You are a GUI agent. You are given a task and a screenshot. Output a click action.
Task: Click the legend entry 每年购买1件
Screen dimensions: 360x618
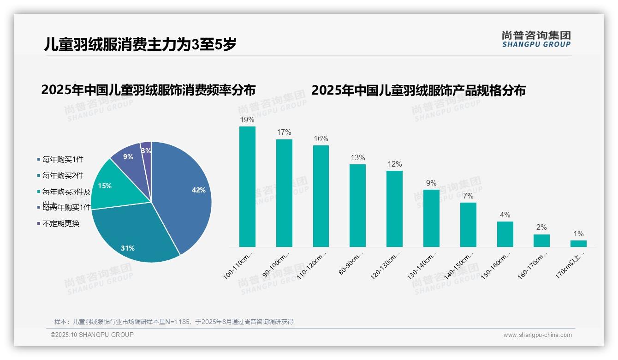[x=63, y=159]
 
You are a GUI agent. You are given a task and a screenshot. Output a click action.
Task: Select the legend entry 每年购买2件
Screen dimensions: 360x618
[x=63, y=175]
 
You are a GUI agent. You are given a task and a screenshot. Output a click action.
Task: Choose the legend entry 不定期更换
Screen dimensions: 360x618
[x=60, y=223]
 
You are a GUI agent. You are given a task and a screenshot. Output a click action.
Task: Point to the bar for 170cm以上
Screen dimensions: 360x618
[x=578, y=243]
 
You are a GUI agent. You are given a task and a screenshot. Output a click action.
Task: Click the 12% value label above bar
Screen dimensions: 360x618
[x=394, y=164]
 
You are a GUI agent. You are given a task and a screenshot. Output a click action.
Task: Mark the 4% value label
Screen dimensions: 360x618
[x=505, y=215]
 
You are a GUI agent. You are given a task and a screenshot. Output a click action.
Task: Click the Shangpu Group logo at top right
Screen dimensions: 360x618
[x=536, y=39]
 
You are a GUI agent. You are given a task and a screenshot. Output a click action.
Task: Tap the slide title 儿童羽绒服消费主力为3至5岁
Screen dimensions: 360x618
[x=140, y=44]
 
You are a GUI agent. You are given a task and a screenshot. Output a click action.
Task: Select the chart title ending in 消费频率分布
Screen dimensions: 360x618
[x=148, y=90]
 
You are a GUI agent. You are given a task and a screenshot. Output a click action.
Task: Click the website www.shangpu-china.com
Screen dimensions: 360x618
[x=537, y=335]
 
